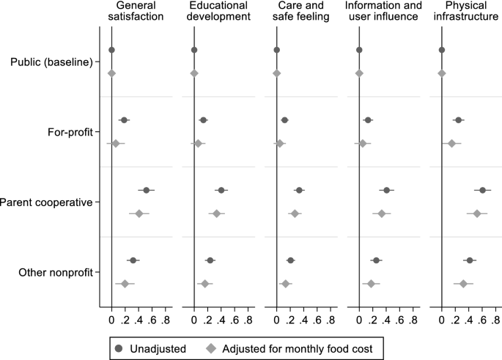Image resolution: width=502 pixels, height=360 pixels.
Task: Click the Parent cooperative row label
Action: (48, 202)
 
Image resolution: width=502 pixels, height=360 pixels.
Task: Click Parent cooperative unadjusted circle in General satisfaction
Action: (147, 190)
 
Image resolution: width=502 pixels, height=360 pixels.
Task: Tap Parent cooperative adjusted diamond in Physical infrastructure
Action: (477, 213)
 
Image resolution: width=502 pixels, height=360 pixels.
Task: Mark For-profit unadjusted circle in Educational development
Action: (204, 120)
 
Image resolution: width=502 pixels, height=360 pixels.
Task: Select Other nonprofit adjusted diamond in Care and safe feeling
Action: (286, 284)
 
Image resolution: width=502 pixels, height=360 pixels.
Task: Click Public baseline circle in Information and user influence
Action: (359, 50)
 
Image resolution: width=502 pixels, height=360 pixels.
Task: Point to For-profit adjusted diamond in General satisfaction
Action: (116, 143)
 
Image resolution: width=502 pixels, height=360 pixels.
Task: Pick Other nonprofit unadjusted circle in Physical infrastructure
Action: (470, 260)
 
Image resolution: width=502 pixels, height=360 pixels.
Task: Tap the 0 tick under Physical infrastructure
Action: (441, 320)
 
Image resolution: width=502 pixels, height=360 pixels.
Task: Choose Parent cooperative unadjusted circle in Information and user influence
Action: (387, 190)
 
